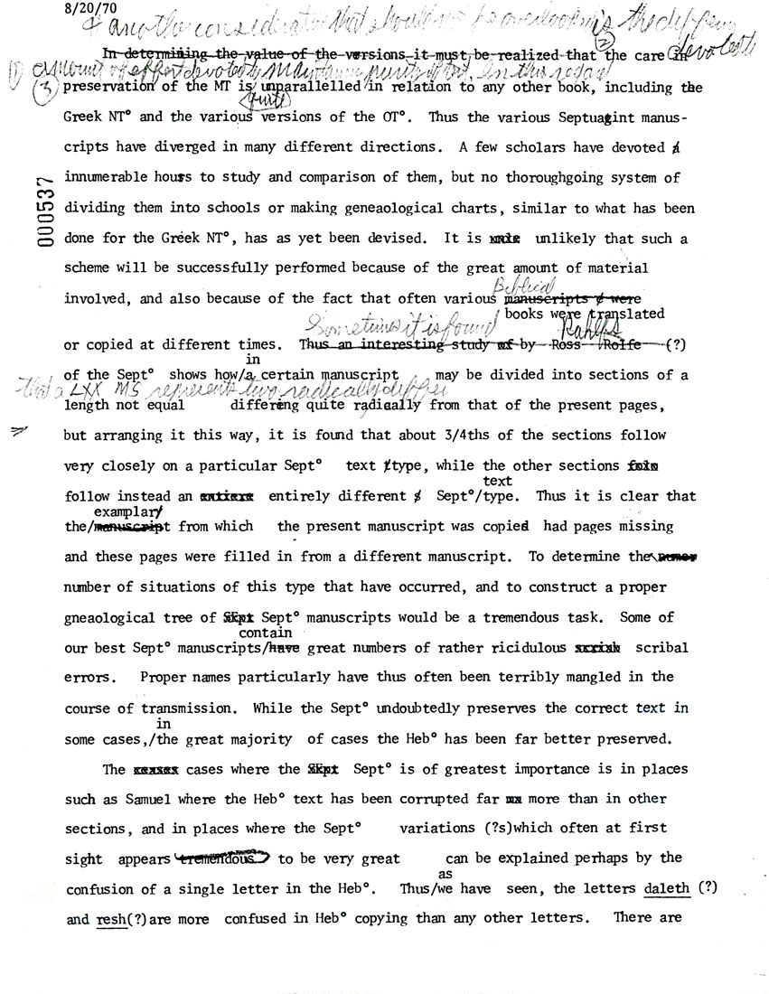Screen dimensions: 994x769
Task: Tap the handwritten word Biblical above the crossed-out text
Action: [x=522, y=286]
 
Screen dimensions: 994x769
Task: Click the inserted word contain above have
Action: [x=263, y=633]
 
